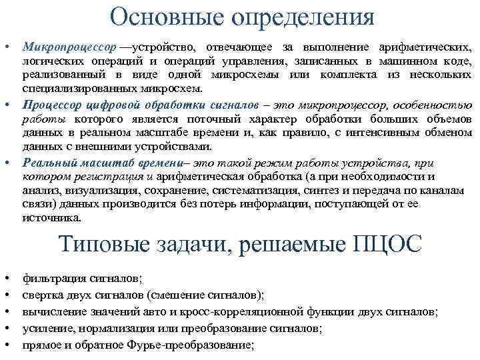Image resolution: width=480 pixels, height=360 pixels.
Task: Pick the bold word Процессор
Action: point(50,105)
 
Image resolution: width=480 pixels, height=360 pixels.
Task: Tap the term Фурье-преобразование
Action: point(191,345)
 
